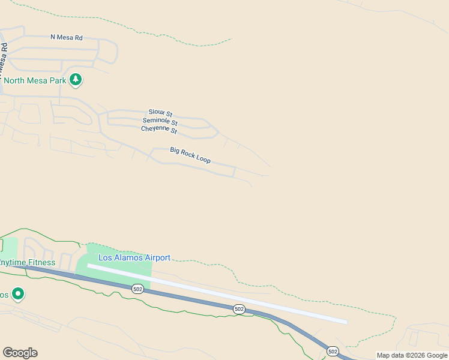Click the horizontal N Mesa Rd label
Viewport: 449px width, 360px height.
coord(66,37)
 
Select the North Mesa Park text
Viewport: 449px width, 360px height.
coord(35,80)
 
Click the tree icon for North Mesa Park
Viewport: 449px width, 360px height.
coord(76,79)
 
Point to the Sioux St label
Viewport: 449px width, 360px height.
coord(160,113)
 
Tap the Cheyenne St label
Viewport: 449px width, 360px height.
coord(159,129)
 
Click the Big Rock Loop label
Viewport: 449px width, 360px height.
coord(190,155)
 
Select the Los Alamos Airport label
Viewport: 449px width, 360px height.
coord(134,258)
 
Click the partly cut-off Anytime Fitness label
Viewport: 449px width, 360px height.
coord(27,263)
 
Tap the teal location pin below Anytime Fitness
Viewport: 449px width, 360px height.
coord(18,294)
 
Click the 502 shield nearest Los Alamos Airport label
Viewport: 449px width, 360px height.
coord(138,288)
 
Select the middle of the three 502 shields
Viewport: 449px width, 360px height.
coord(239,308)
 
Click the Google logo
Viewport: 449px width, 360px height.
coord(20,353)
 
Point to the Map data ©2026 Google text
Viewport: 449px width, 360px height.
coord(412,355)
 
